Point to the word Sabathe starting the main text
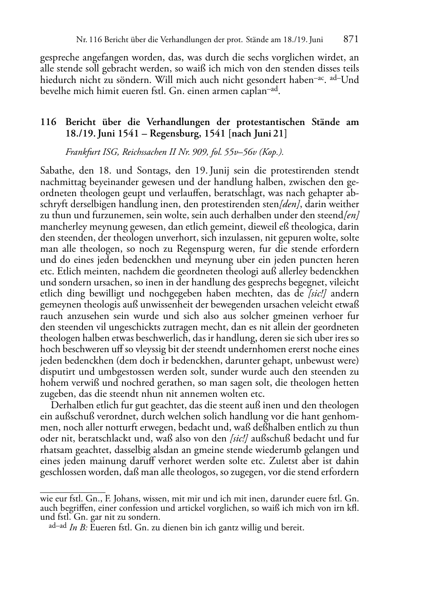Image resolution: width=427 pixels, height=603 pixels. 56,171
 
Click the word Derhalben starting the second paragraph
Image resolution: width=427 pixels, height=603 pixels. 70,405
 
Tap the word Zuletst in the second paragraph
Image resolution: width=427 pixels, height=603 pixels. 284,461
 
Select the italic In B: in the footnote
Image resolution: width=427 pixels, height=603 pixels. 78,529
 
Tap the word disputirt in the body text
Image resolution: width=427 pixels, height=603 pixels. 57,372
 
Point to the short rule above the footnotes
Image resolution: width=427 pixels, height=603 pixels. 72,492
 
